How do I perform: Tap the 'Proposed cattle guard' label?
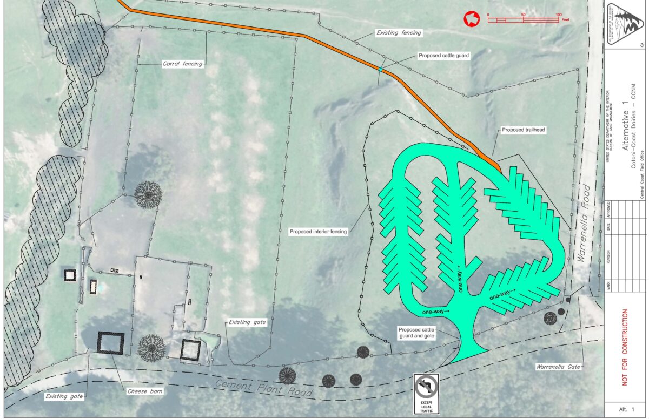(x=443, y=56)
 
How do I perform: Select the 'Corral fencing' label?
(x=182, y=64)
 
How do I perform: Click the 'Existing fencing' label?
(x=398, y=33)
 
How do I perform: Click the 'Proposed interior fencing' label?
(x=318, y=232)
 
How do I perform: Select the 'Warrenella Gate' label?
(x=558, y=367)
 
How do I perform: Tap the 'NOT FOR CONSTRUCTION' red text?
(x=625, y=347)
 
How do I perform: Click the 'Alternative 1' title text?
(x=625, y=130)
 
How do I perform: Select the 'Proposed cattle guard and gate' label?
(x=416, y=333)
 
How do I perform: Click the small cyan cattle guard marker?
(x=381, y=70)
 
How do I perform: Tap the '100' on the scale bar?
(x=558, y=15)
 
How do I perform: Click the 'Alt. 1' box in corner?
(x=625, y=409)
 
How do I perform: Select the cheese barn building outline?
(x=110, y=343)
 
